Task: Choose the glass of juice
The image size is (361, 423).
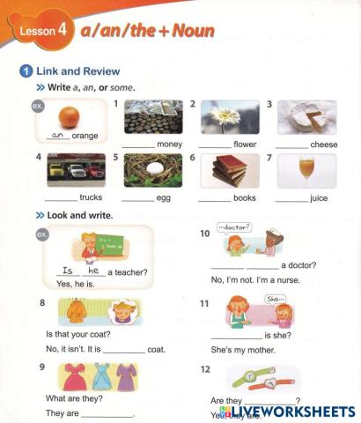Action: click(x=306, y=168)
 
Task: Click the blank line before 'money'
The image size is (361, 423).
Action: click(x=137, y=145)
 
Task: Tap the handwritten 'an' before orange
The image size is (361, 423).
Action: click(x=59, y=136)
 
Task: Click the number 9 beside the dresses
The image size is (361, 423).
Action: click(x=43, y=366)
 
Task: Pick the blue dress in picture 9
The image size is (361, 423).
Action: click(x=100, y=378)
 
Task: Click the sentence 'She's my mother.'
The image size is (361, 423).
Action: click(x=243, y=350)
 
